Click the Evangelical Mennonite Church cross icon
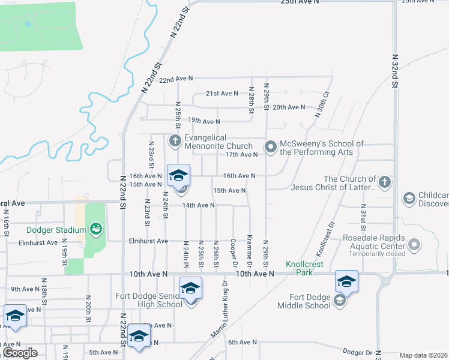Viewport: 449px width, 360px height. [175, 142]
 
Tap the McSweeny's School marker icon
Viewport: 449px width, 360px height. [271, 146]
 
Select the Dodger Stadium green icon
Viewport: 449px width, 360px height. [95, 229]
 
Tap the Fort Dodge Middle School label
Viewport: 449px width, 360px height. [304, 301]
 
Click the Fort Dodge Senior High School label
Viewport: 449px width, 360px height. [149, 300]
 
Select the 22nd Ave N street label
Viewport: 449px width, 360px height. [176, 79]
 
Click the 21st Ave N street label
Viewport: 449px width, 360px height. [221, 94]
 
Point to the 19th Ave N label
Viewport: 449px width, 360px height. [204, 121]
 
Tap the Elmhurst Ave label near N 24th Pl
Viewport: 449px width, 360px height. [148, 241]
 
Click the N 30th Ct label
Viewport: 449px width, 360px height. [322, 106]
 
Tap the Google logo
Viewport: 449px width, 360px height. [20, 353]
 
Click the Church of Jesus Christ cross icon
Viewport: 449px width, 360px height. [385, 181]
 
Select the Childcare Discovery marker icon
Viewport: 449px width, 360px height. [409, 198]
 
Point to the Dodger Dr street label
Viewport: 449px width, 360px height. [357, 352]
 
